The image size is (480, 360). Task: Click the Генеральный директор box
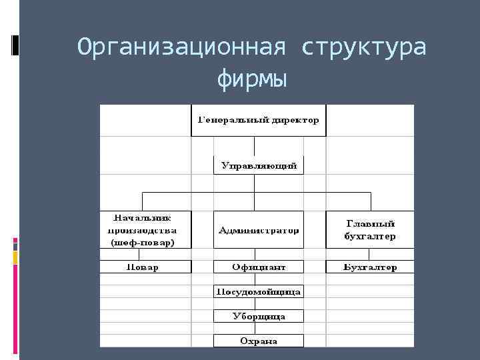(x=258, y=121)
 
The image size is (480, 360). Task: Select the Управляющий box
(x=258, y=165)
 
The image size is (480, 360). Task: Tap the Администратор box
(x=258, y=230)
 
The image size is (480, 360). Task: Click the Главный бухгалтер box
(x=370, y=230)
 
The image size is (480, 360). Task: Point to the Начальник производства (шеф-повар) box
(x=142, y=230)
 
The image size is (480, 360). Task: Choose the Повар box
(x=142, y=267)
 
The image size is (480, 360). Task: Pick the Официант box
(x=258, y=267)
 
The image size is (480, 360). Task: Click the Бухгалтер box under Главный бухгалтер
(x=370, y=267)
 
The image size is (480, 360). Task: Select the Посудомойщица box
(x=258, y=292)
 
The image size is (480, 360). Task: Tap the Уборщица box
(x=258, y=316)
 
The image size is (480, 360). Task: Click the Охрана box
(x=258, y=341)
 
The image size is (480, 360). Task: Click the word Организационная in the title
(x=182, y=48)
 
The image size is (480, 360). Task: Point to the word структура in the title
(x=364, y=48)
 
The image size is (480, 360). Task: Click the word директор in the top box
(x=293, y=121)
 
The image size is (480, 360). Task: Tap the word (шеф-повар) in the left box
(x=142, y=243)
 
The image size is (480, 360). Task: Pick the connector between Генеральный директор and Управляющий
(x=258, y=146)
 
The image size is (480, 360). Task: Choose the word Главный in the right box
(x=370, y=223)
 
